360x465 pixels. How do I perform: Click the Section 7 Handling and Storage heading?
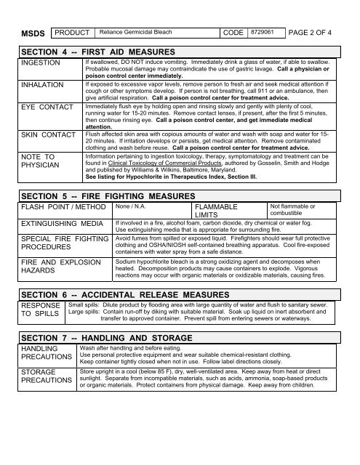tap(108, 339)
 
